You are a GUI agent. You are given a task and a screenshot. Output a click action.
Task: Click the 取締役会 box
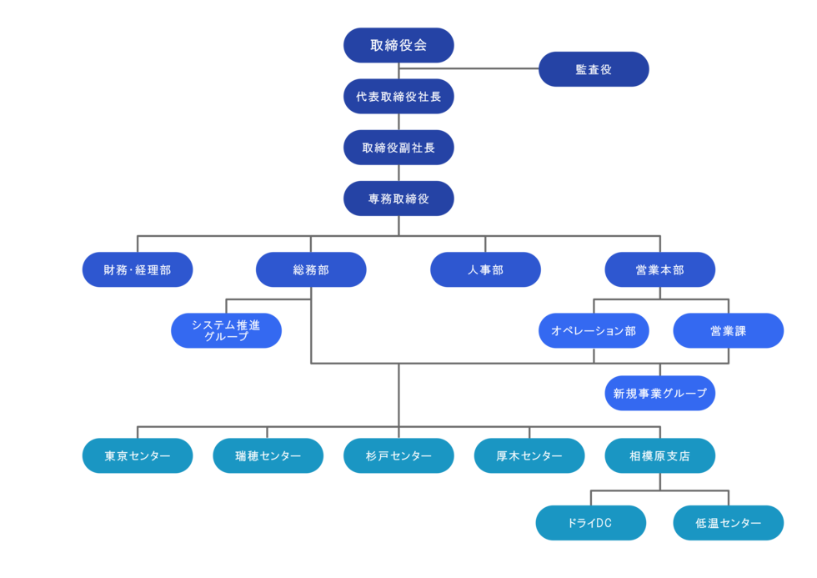398,45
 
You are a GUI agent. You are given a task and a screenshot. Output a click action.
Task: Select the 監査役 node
594,69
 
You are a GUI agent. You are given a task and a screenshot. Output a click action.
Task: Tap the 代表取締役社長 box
398,97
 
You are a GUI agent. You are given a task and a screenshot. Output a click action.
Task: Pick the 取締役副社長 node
398,148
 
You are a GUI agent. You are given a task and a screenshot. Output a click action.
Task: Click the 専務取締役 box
398,199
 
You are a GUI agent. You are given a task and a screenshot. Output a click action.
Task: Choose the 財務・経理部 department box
138,269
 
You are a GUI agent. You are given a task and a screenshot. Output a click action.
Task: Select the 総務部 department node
311,269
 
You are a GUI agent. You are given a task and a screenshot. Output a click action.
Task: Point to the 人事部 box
485,269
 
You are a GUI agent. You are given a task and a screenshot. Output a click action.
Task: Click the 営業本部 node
659,269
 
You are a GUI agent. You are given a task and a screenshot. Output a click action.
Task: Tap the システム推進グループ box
226,330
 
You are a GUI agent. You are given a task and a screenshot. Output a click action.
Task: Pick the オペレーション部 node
594,330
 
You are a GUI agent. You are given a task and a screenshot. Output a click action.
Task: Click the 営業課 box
729,330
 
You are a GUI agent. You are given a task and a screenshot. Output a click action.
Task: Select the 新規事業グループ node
659,393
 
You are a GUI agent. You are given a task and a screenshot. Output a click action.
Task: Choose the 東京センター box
138,455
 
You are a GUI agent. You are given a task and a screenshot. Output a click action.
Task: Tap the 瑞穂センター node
268,455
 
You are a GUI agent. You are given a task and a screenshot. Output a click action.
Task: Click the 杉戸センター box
398,455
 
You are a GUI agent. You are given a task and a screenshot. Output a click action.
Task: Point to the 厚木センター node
529,455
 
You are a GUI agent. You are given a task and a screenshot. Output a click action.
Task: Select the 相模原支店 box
659,455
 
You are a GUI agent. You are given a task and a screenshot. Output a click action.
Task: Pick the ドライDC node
591,523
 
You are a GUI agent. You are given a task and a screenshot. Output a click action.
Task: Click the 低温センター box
729,523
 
